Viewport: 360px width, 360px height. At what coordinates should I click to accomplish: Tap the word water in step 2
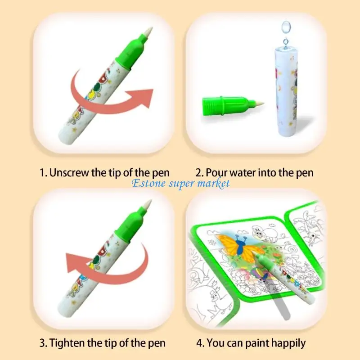[x=243, y=172]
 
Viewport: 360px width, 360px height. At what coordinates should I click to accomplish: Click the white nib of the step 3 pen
[x=147, y=205]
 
